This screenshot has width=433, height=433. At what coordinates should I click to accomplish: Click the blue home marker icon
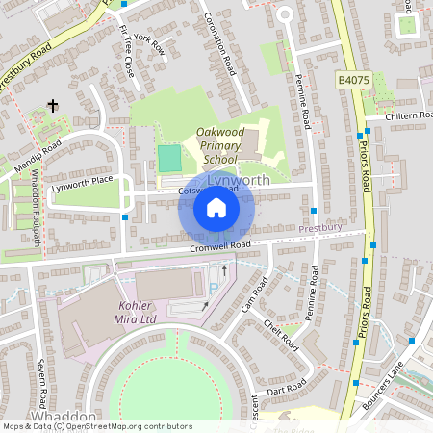[x=216, y=208]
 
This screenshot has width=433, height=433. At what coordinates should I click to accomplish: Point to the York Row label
[x=150, y=43]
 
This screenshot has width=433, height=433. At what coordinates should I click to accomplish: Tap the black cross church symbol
[x=53, y=106]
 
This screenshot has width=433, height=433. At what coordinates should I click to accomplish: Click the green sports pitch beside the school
[x=169, y=158]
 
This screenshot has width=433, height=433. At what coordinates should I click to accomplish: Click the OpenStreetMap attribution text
[x=96, y=426]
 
